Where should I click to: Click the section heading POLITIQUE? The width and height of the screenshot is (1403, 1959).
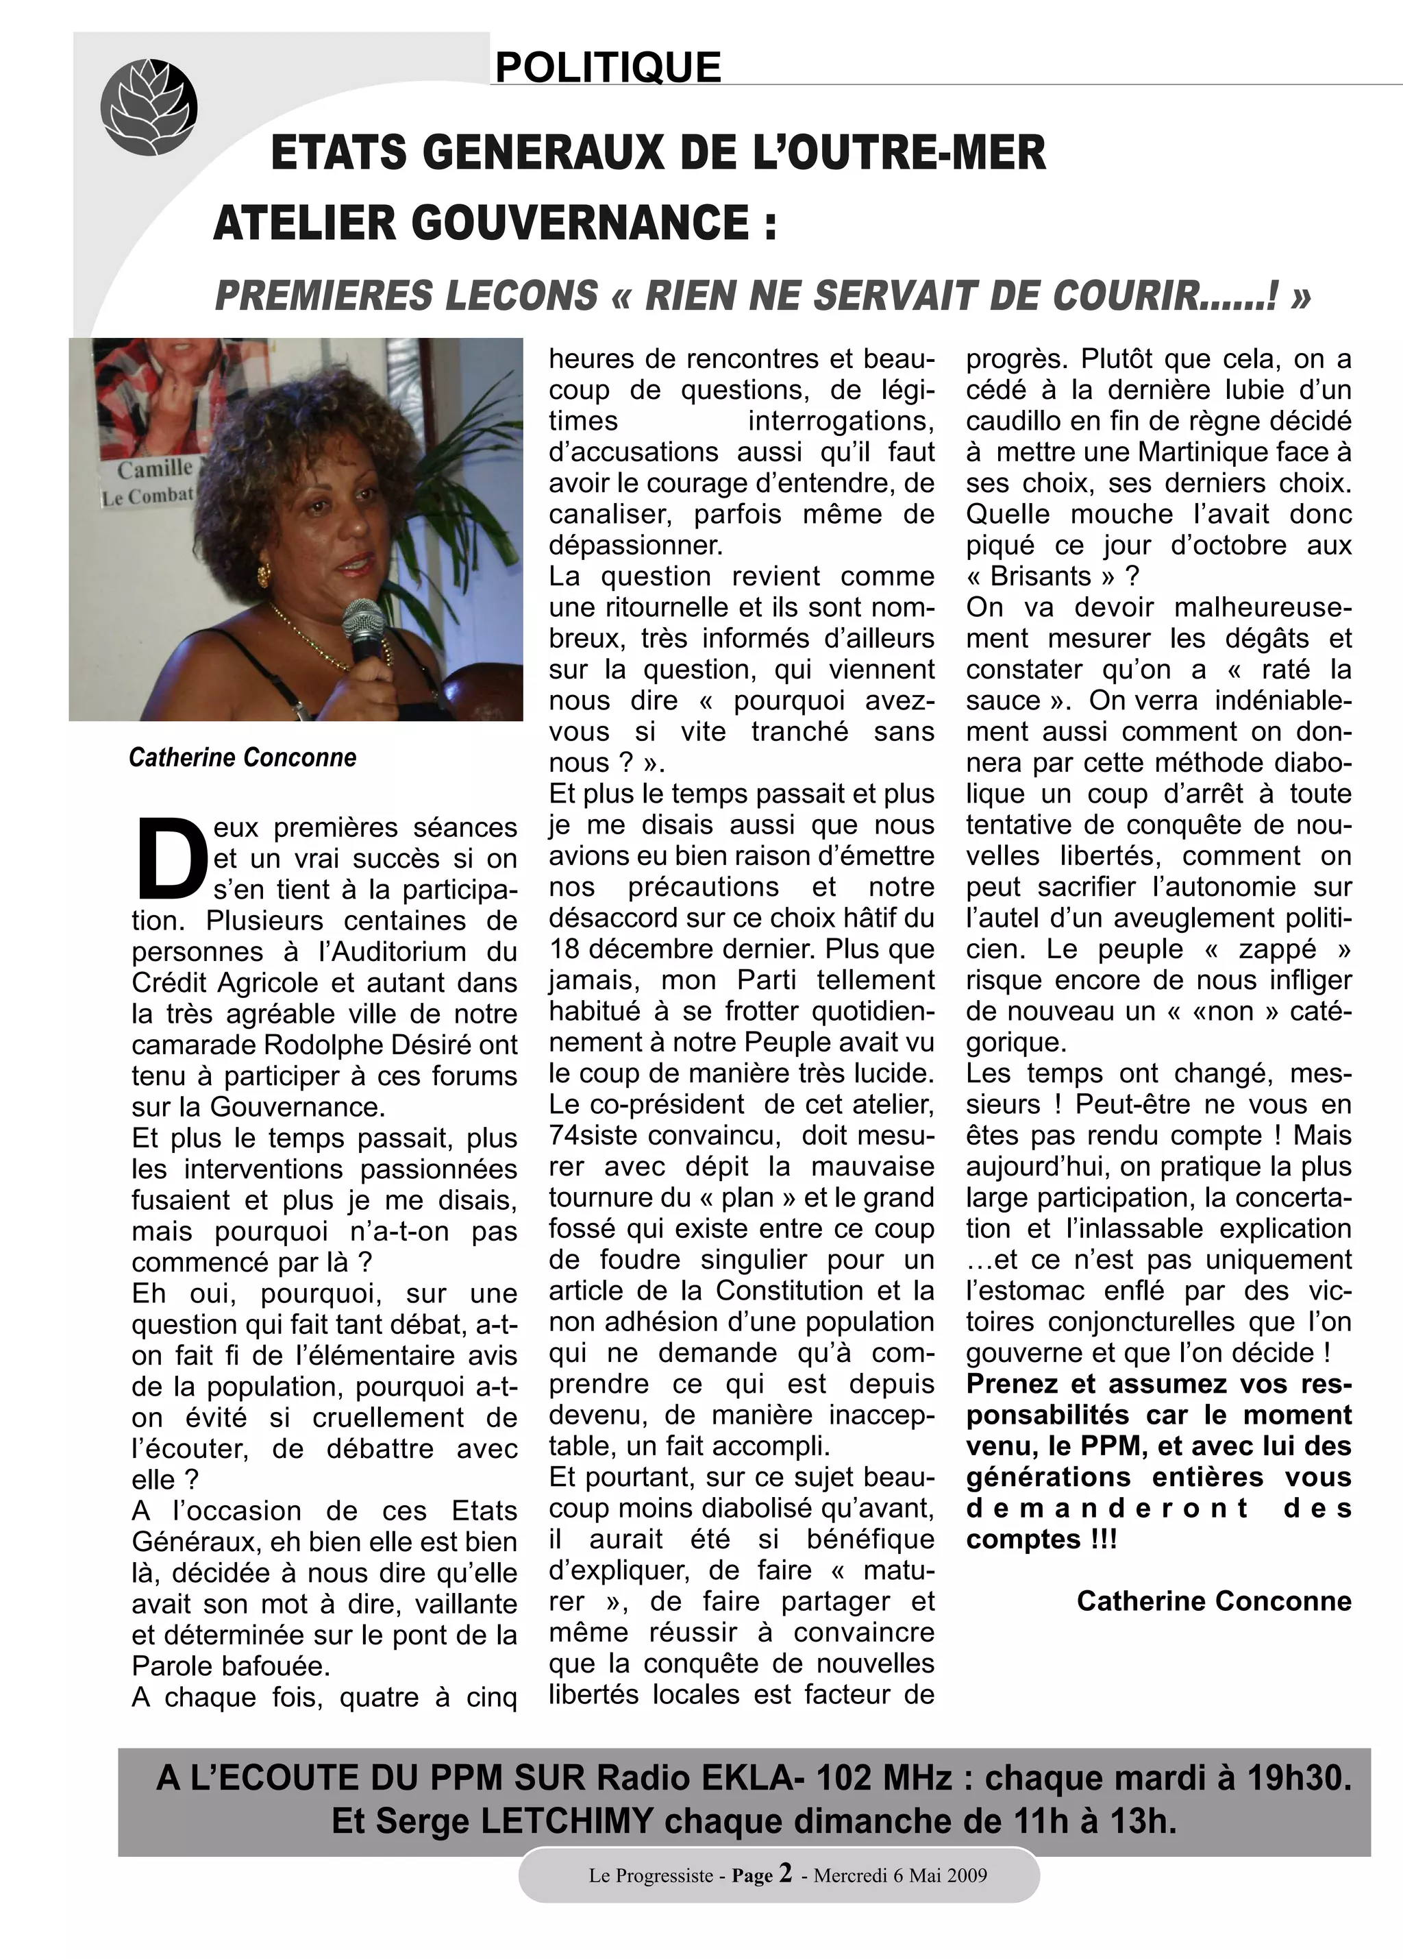click(608, 67)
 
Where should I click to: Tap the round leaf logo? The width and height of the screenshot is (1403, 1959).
click(149, 106)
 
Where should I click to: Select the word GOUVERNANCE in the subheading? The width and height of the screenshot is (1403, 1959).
click(580, 223)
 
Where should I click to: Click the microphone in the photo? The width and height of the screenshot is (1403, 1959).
click(364, 624)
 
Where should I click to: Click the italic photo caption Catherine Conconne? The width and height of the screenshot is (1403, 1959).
click(243, 757)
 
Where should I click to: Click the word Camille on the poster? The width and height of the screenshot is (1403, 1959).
click(156, 469)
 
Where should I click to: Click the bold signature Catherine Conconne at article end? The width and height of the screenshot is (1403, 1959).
click(1213, 1601)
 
